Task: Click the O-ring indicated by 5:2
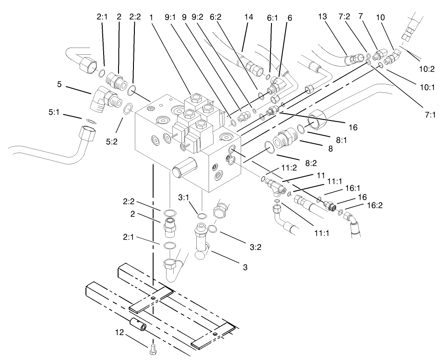(128, 109)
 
